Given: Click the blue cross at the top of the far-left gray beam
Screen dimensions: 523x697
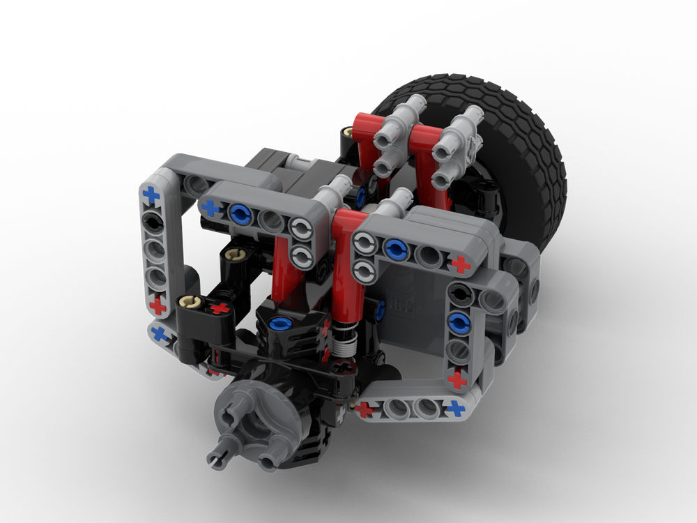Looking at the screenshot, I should click(x=151, y=195).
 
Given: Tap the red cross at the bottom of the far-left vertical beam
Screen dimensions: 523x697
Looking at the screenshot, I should click(x=159, y=305).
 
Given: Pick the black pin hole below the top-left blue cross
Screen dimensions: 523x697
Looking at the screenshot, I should click(x=152, y=222).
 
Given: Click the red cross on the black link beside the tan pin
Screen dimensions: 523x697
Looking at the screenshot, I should click(x=220, y=308).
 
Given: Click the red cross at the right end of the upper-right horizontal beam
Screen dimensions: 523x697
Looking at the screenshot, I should click(x=459, y=264).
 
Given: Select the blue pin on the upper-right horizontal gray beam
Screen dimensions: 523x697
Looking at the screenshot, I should click(x=395, y=246).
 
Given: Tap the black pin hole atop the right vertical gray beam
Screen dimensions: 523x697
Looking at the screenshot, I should click(x=459, y=293).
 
